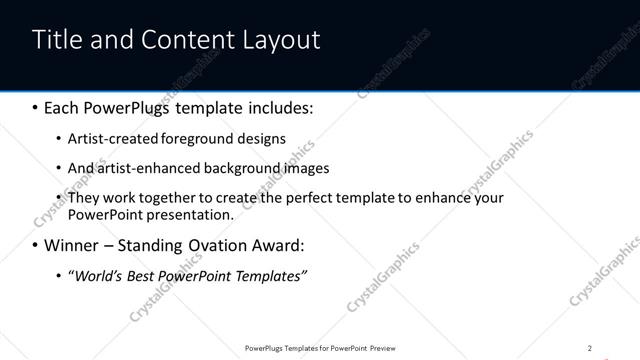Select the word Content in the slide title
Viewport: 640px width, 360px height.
click(x=190, y=40)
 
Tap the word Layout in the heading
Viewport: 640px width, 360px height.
click(x=283, y=40)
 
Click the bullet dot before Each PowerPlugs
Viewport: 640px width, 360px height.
click(x=37, y=107)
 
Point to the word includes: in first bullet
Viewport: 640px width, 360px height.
click(x=276, y=107)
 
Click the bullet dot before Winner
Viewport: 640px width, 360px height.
click(x=37, y=245)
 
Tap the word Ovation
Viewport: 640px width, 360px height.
click(x=228, y=245)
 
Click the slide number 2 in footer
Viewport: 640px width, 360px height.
click(x=590, y=348)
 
